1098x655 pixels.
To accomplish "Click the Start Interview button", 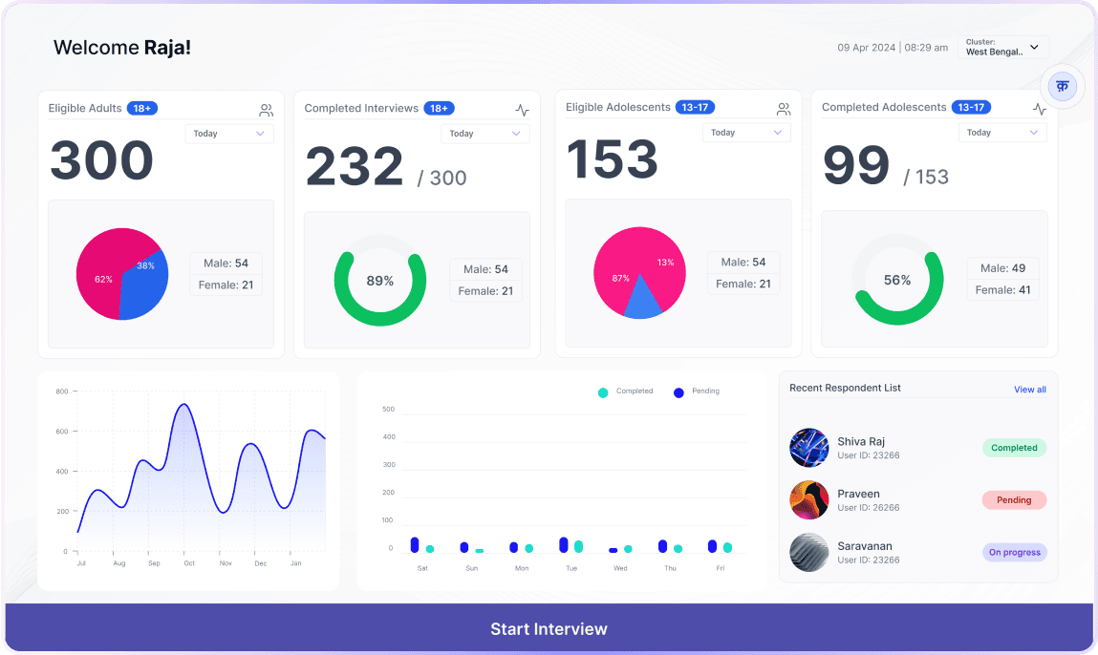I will (549, 628).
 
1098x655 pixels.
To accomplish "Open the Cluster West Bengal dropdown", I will (1002, 48).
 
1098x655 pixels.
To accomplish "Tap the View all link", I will (1029, 390).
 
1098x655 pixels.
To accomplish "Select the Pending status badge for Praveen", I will (1014, 499).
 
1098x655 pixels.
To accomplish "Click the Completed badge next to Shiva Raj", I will (1014, 447).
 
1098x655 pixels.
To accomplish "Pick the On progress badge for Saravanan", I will (1014, 552).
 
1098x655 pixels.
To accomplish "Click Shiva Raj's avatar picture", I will (808, 447).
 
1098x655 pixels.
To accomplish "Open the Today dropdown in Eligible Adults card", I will (229, 134).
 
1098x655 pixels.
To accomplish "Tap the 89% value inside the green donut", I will (379, 281).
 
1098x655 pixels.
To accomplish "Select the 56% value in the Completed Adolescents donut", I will (896, 280).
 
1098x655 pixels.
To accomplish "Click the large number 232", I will (355, 166).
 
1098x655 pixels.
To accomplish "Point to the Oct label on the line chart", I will (189, 563).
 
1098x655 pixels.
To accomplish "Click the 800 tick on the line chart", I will (62, 391).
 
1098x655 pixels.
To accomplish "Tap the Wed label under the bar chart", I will (620, 568).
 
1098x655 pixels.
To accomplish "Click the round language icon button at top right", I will (1062, 87).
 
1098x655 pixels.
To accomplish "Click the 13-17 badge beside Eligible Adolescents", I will (695, 107).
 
